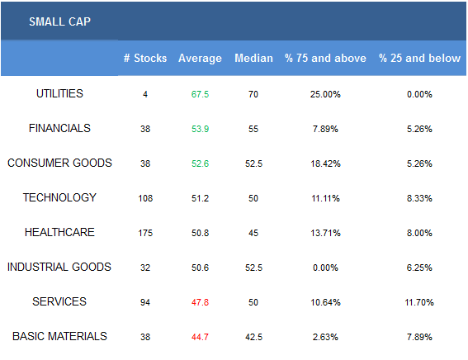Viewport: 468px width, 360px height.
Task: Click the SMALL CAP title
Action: tap(59, 21)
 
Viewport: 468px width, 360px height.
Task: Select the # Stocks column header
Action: tap(145, 58)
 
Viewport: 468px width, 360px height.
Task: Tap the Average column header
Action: tap(200, 58)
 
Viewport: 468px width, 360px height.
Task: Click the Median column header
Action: tap(253, 58)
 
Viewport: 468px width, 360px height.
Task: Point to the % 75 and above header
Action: tap(325, 58)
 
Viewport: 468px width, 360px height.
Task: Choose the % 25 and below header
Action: tap(419, 58)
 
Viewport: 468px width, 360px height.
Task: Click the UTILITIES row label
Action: tap(59, 94)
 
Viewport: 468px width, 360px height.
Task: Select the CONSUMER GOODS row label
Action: tap(59, 163)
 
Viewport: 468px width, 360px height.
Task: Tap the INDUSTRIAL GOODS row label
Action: tap(59, 267)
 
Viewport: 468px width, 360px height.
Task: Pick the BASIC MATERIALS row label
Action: tap(59, 336)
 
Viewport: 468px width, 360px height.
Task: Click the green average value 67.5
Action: tap(200, 94)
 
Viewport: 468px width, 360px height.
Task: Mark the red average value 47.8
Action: tap(200, 302)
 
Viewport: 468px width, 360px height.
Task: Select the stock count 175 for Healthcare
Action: tap(145, 233)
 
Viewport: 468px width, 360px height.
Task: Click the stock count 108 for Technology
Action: tap(145, 198)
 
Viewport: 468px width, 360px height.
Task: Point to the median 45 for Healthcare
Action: tap(253, 233)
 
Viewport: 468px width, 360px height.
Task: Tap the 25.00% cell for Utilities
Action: tap(325, 94)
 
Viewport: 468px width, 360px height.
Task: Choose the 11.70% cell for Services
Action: tap(419, 302)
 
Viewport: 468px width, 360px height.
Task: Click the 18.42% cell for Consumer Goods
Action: tap(325, 163)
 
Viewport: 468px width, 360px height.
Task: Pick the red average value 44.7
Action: tap(200, 337)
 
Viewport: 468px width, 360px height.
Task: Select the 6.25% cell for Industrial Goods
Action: tap(419, 268)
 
